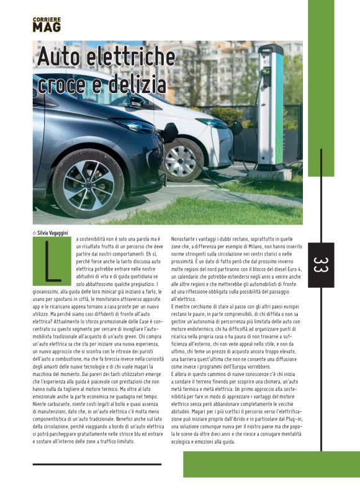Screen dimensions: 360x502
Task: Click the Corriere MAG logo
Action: coord(47,25)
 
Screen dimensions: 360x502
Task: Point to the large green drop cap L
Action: coord(54,261)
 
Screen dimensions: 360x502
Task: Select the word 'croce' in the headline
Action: coord(62,83)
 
